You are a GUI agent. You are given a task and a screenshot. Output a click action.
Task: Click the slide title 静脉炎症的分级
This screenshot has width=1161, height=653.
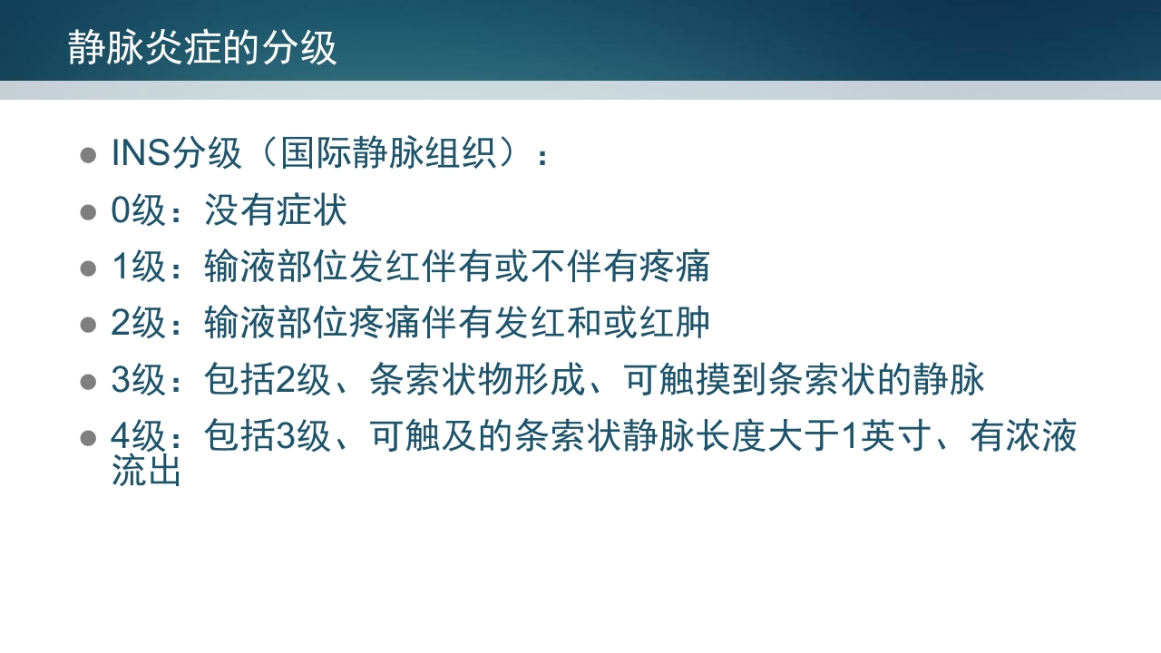pos(202,48)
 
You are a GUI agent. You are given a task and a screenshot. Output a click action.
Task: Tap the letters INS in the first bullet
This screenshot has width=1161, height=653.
pos(141,153)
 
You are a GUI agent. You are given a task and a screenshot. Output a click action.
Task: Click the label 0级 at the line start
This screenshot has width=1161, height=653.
pos(138,210)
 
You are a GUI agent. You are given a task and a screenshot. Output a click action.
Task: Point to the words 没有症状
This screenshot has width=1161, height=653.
pos(276,210)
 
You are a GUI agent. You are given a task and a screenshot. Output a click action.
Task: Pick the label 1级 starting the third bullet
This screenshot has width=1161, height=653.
pos(138,267)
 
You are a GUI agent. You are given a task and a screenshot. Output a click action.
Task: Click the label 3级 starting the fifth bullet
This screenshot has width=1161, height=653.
pos(138,380)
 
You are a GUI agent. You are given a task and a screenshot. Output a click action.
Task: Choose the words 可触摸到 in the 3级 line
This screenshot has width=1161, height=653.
pos(696,380)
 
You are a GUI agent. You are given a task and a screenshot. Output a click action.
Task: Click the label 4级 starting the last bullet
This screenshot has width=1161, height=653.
pos(138,436)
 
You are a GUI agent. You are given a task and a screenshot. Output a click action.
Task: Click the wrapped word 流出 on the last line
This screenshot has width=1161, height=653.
pos(146,471)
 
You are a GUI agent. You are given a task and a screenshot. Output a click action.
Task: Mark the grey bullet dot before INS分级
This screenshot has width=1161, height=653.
pos(88,155)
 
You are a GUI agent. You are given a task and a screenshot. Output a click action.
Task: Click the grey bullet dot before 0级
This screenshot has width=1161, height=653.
pos(88,212)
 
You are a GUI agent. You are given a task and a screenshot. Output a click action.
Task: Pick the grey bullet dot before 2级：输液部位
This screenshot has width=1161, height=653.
pos(88,325)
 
